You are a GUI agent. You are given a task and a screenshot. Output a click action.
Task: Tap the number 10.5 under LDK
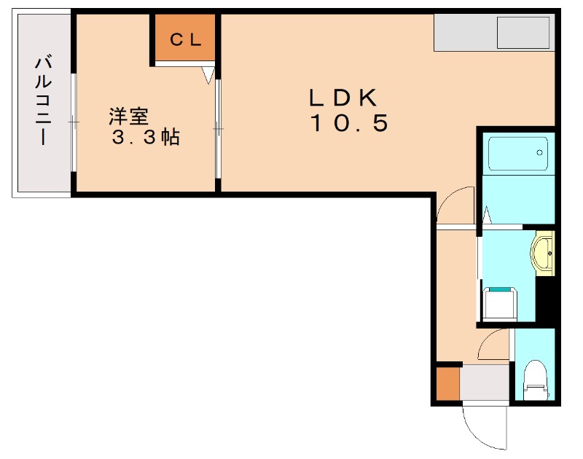pyautogui.click(x=349, y=123)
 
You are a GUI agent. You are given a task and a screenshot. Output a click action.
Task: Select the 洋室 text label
pyautogui.click(x=129, y=115)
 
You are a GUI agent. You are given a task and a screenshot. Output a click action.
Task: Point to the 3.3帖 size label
pyautogui.click(x=145, y=138)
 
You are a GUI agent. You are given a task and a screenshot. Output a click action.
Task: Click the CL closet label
pyautogui.click(x=185, y=40)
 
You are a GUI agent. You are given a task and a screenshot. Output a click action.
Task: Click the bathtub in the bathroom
pyautogui.click(x=517, y=153)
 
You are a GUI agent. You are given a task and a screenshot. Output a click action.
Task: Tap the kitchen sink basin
pyautogui.click(x=523, y=33)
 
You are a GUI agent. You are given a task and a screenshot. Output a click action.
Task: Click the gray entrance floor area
pyautogui.click(x=485, y=384)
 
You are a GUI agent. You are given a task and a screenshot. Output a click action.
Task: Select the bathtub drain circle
pyautogui.click(x=539, y=153)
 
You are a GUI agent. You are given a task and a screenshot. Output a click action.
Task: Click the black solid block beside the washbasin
pyautogui.click(x=545, y=299)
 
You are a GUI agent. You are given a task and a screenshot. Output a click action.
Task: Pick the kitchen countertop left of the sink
pyautogui.click(x=464, y=33)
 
